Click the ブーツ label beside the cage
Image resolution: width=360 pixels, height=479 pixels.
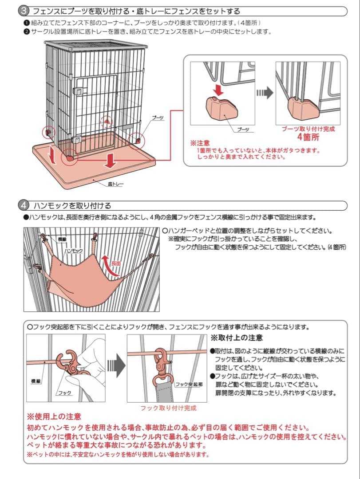click(x=158, y=118)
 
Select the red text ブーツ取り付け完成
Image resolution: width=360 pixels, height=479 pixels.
click(x=309, y=129)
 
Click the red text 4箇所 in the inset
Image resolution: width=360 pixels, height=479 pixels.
click(x=309, y=137)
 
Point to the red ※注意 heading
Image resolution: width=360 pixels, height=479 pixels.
click(x=200, y=143)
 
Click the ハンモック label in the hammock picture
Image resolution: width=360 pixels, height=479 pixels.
click(x=74, y=251)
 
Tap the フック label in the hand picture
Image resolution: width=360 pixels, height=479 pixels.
click(x=64, y=393)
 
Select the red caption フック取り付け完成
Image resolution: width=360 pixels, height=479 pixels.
click(x=168, y=408)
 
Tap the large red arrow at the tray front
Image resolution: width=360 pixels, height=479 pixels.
click(x=109, y=161)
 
